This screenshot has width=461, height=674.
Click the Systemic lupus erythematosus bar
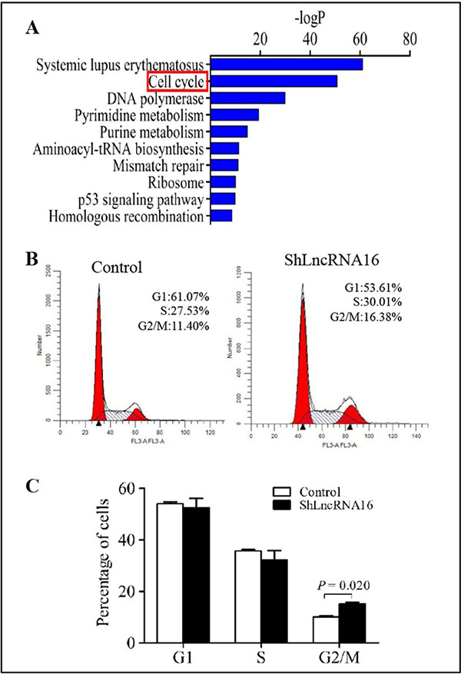coord(286,64)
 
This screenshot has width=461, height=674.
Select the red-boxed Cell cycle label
coord(176,81)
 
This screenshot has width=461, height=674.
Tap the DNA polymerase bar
coord(247,98)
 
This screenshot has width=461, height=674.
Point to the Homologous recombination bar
coord(221,216)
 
